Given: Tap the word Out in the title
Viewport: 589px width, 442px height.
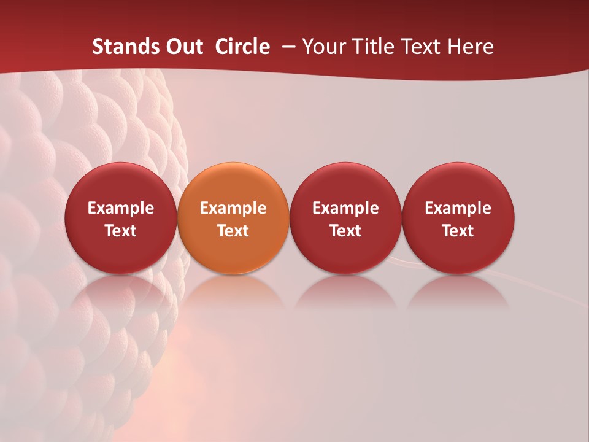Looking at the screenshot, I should tap(182, 47).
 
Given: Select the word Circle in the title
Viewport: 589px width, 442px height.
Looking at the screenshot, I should tap(242, 47).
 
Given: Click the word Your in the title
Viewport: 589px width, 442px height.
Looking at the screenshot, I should tap(323, 47).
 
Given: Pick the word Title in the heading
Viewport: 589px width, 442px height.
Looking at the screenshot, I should tap(368, 47).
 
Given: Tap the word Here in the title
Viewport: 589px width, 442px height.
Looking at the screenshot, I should tap(470, 47).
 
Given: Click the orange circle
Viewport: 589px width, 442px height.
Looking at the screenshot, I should tap(233, 218).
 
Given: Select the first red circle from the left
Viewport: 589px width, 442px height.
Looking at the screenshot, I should tap(121, 218).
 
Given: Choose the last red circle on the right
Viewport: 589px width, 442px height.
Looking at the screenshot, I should tap(458, 218).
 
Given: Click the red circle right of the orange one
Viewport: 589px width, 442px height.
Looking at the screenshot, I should tap(345, 218).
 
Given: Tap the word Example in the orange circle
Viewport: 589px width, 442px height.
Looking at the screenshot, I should tap(233, 208).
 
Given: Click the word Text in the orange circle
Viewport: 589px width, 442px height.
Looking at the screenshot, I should tap(233, 231).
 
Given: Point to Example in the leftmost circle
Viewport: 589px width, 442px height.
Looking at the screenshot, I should tap(121, 208).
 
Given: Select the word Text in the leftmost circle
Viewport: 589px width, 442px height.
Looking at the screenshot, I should tap(121, 231).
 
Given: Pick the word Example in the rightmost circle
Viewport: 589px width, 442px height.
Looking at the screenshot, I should tap(458, 208).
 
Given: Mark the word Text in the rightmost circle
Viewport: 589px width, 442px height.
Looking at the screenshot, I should tap(458, 231).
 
